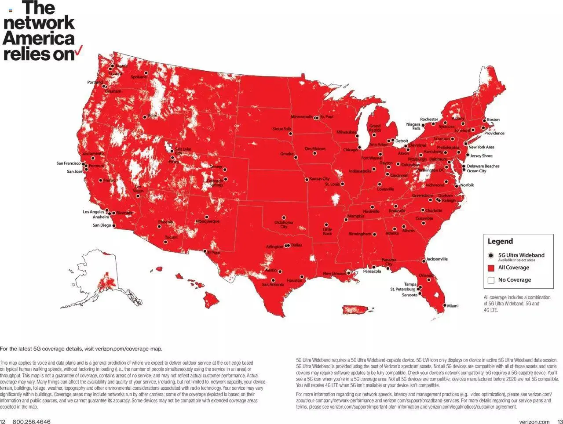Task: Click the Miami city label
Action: pyautogui.click(x=453, y=306)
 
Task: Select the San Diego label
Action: pyautogui.click(x=102, y=225)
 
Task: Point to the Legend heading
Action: pyautogui.click(x=500, y=241)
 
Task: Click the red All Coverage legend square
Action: pyautogui.click(x=491, y=268)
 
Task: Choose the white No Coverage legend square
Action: pyautogui.click(x=491, y=280)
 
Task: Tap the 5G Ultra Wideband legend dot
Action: pyautogui.click(x=491, y=255)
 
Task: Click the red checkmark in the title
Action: pyautogui.click(x=79, y=52)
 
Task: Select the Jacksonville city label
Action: pyautogui.click(x=437, y=259)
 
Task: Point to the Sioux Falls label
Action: pyautogui.click(x=281, y=129)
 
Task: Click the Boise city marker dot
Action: pyautogui.click(x=145, y=117)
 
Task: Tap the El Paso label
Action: pyautogui.click(x=214, y=253)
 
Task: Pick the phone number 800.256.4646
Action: pyautogui.click(x=31, y=422)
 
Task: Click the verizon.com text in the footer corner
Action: pyautogui.click(x=534, y=422)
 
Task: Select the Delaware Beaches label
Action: pyautogui.click(x=483, y=166)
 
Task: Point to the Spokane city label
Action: pyautogui.click(x=139, y=77)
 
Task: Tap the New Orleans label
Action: pyautogui.click(x=334, y=274)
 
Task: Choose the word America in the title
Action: pyautogui.click(x=39, y=39)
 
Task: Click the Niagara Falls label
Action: pyautogui.click(x=413, y=127)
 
